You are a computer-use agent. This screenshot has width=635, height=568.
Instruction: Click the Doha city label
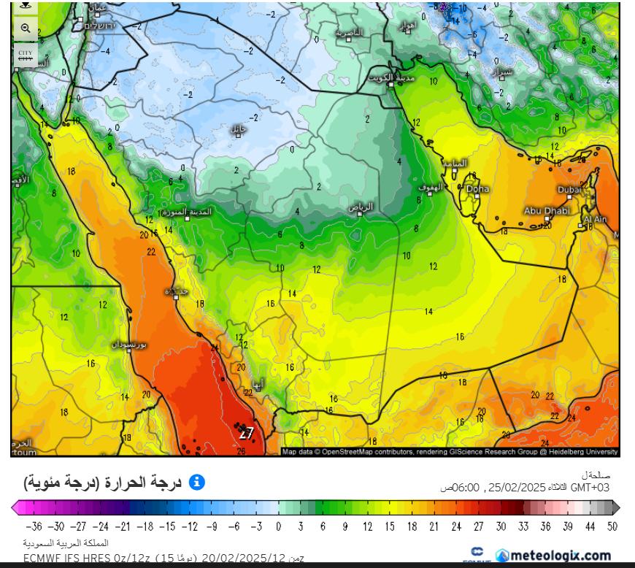coord(479,189)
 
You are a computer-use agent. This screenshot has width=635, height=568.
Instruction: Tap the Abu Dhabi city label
coord(546,210)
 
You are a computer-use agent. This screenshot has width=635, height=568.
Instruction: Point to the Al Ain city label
coord(595,219)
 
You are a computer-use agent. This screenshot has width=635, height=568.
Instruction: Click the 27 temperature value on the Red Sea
coord(247,433)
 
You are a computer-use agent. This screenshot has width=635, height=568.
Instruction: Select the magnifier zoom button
coord(26,28)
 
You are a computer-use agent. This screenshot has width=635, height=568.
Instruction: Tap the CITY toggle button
coord(26,55)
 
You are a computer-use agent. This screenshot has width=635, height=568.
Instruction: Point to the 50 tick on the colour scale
coord(612,525)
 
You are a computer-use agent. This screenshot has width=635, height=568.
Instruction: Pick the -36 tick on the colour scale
coord(34,525)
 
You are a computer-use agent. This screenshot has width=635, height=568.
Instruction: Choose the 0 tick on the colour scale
coord(278,525)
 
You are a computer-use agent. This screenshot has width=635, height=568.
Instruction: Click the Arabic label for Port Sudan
coord(128,343)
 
